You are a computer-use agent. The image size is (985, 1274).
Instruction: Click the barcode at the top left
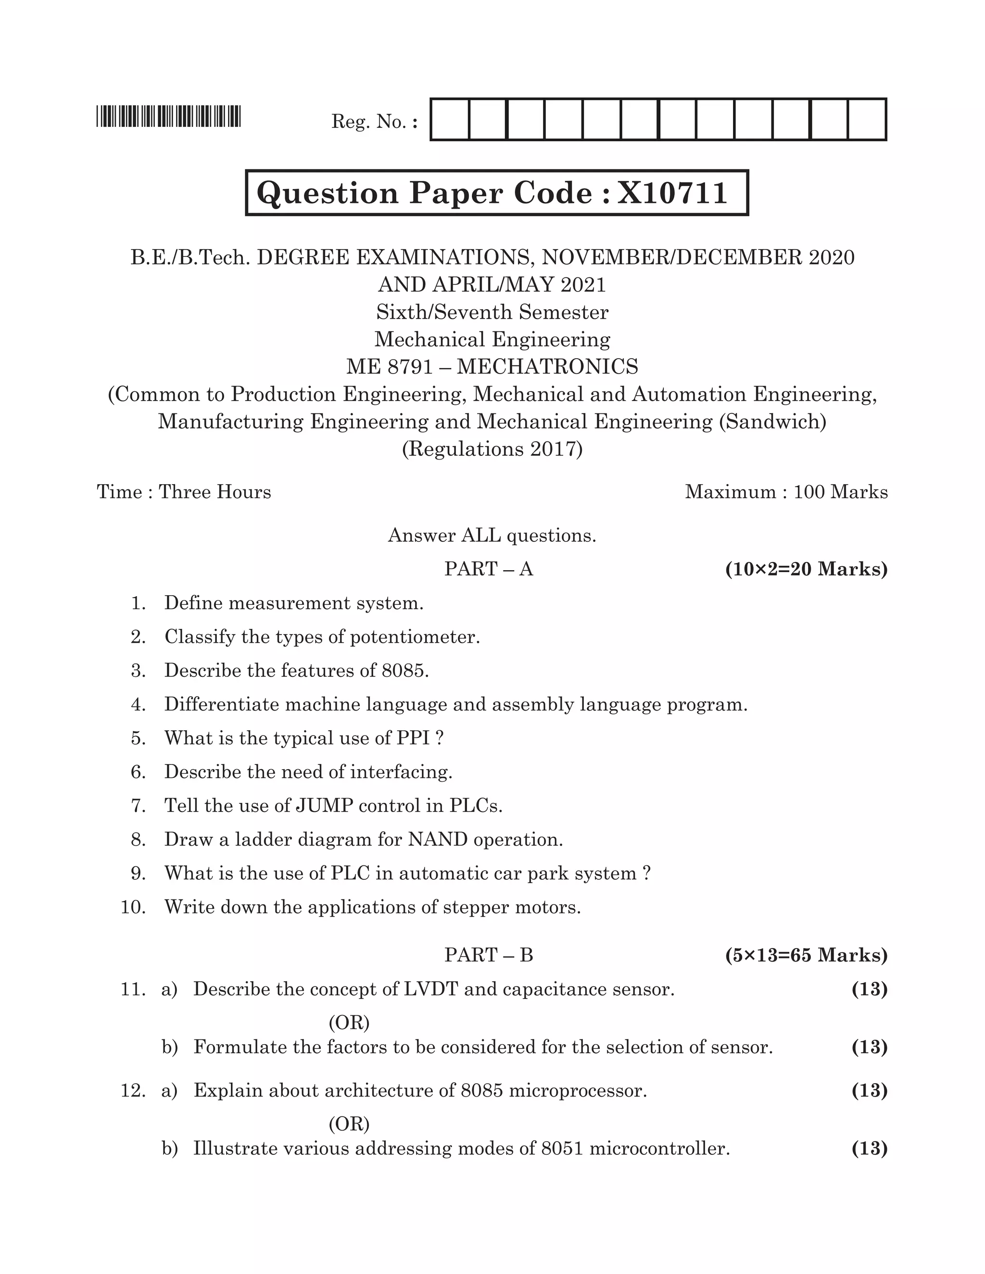click(x=169, y=116)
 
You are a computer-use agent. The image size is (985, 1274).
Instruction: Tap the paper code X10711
click(x=672, y=192)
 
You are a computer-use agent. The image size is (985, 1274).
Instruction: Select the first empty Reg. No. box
click(x=450, y=120)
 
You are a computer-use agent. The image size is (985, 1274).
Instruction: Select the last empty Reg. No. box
click(x=867, y=120)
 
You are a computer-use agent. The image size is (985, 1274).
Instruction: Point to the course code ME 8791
click(x=389, y=367)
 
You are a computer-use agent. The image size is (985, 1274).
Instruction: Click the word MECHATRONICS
click(x=547, y=367)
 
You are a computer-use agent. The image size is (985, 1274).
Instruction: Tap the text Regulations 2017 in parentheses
click(x=492, y=449)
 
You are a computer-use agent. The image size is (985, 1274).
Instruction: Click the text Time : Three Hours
click(x=184, y=492)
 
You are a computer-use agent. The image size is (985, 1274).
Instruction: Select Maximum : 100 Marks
click(x=786, y=492)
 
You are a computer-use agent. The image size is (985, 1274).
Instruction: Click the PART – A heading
click(x=489, y=569)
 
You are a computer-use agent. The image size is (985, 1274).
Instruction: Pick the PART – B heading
click(x=489, y=955)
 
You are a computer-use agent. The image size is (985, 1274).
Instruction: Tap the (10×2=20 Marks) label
click(x=806, y=569)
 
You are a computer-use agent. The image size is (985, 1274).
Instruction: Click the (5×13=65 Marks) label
click(x=806, y=955)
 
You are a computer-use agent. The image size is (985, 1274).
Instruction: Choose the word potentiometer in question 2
click(x=414, y=637)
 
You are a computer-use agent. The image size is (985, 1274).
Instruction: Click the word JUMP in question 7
click(x=325, y=806)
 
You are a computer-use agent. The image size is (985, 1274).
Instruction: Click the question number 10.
click(x=133, y=907)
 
